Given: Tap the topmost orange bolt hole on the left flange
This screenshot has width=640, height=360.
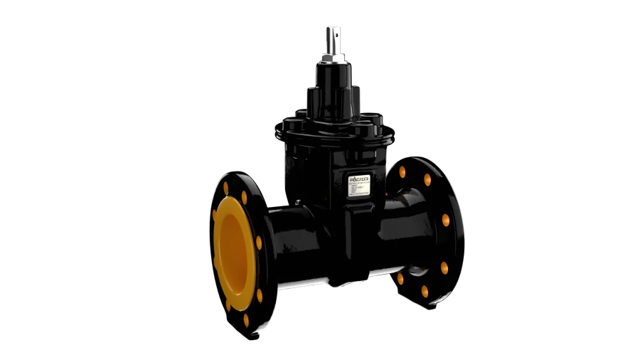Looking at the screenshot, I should (x=226, y=188).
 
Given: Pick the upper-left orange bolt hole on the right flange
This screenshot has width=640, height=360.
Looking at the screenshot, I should (x=402, y=172).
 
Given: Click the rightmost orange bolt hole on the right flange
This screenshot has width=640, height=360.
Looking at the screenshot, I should (x=446, y=220).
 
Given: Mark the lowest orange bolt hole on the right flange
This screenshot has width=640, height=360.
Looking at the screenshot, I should (x=425, y=292).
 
